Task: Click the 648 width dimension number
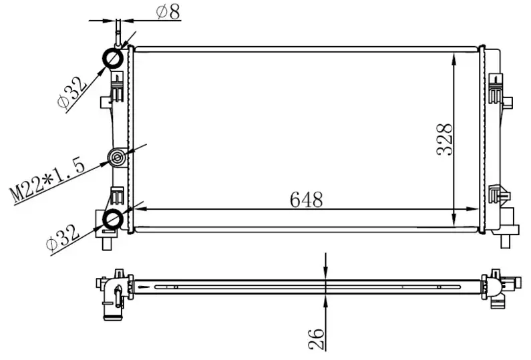pyautogui.click(x=307, y=200)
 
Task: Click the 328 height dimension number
pyautogui.click(x=446, y=139)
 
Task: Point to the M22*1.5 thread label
pyautogui.click(x=47, y=176)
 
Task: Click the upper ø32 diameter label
pyautogui.click(x=71, y=93)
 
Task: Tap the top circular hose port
pyautogui.click(x=112, y=59)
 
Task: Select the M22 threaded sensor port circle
pyautogui.click(x=118, y=158)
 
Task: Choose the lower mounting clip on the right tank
pyautogui.click(x=498, y=194)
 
